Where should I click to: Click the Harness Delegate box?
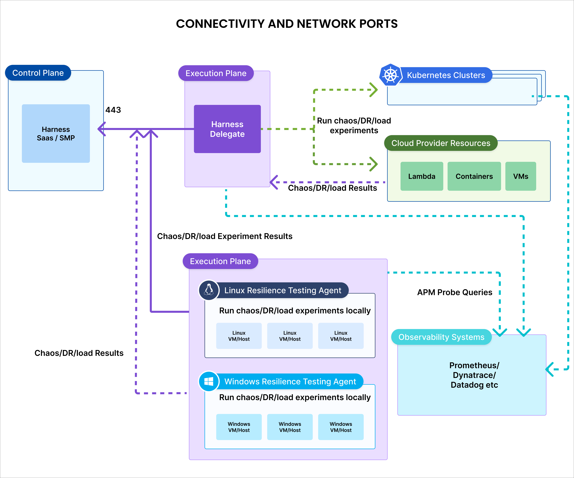(227, 129)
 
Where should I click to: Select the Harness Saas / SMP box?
(56, 133)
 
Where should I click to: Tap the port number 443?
(113, 110)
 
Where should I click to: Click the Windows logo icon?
(209, 381)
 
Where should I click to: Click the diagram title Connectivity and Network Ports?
(287, 24)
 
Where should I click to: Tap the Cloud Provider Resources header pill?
(441, 143)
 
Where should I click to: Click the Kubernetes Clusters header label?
(446, 75)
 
